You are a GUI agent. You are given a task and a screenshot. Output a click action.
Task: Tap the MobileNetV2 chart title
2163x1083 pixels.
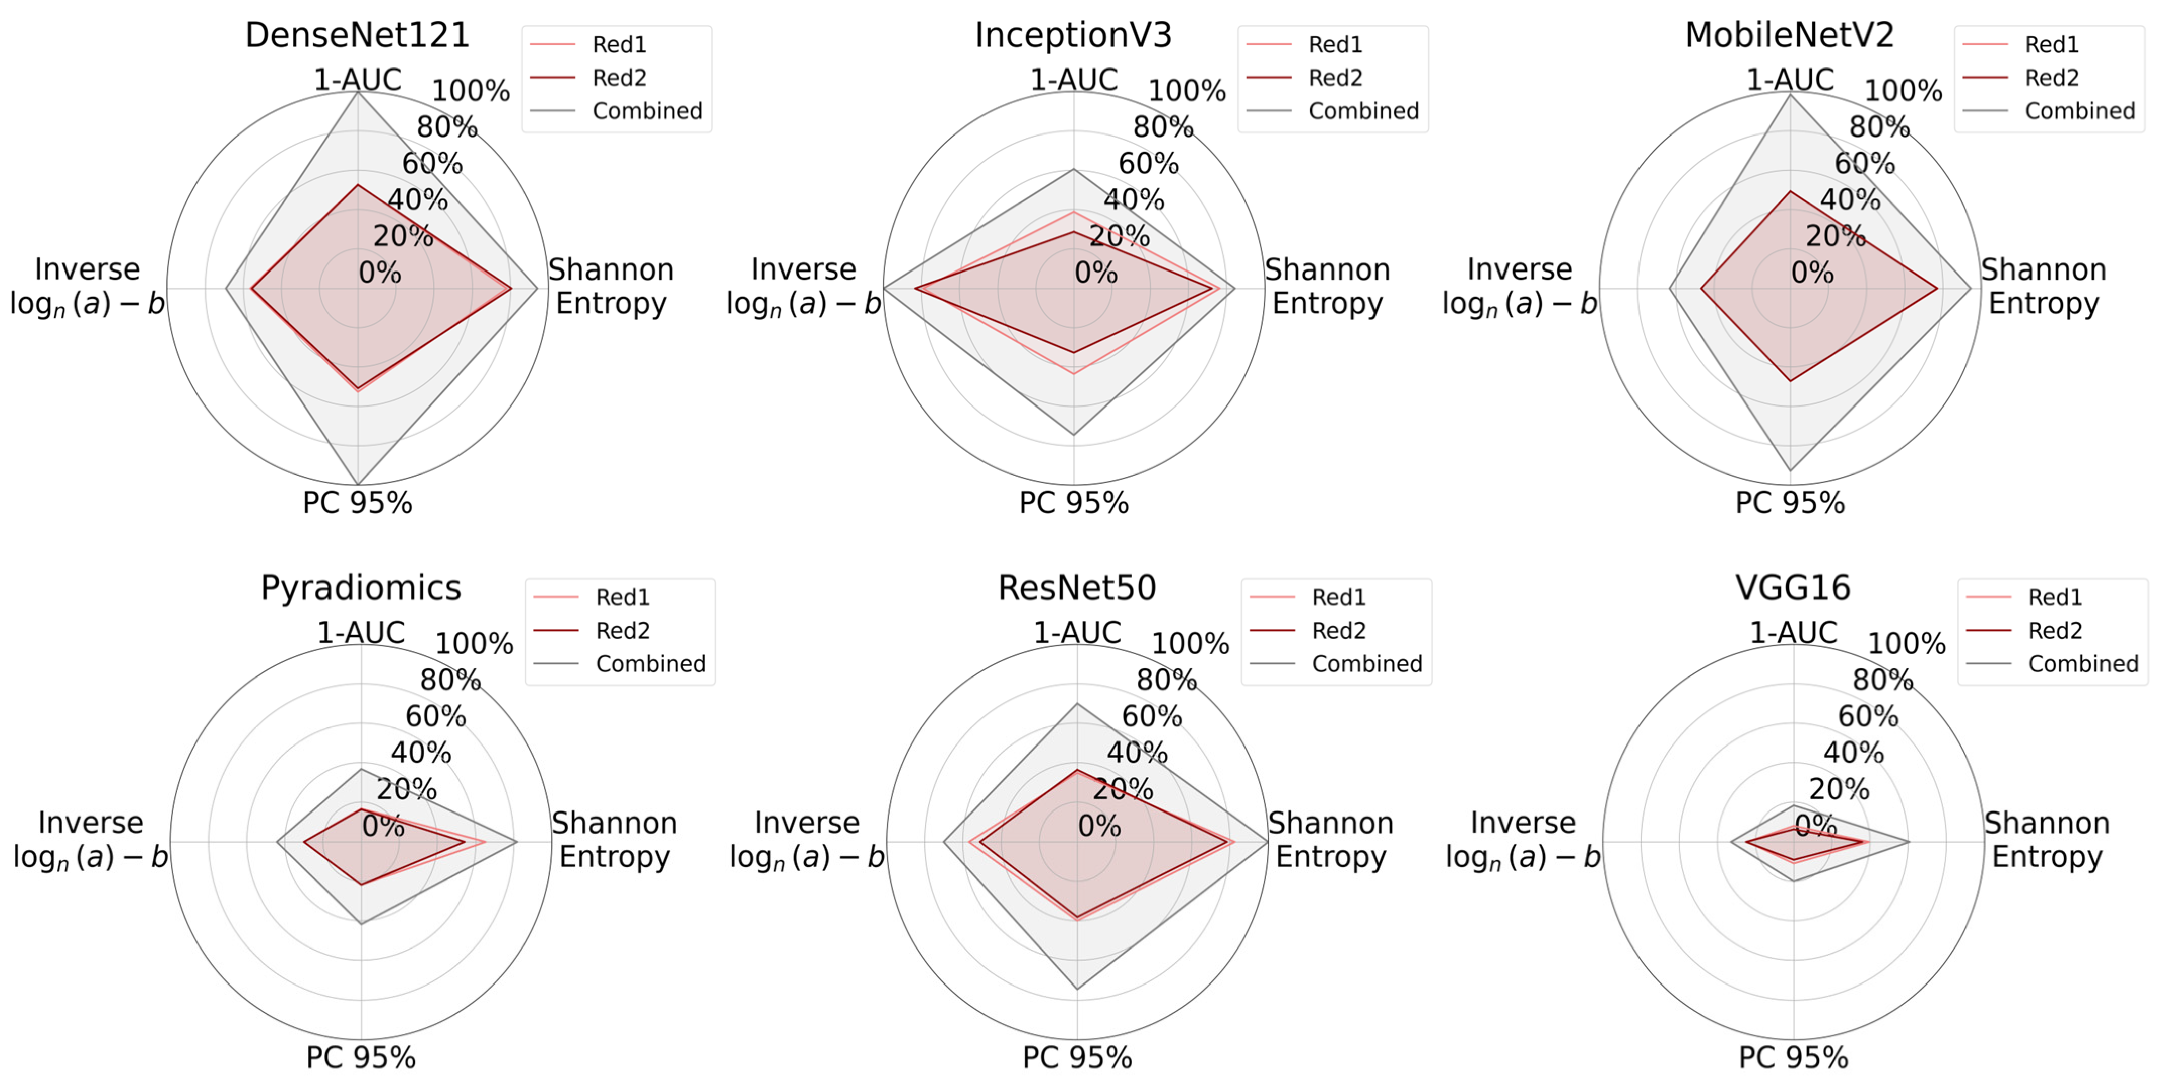pyautogui.click(x=1789, y=35)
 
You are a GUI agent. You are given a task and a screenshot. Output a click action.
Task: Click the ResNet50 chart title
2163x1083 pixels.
pyautogui.click(x=1077, y=588)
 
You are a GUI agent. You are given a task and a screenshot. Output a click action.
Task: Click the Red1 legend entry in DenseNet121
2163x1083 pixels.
pyautogui.click(x=619, y=44)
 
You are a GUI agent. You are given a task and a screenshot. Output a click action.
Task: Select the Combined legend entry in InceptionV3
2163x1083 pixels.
pyautogui.click(x=1363, y=111)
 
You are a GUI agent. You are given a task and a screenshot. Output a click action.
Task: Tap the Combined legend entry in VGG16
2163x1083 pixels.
pyautogui.click(x=2082, y=664)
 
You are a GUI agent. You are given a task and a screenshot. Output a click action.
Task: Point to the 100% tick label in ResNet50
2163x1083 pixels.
pyautogui.click(x=1190, y=644)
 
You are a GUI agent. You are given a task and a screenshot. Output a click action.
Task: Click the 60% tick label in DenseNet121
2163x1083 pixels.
pyautogui.click(x=432, y=163)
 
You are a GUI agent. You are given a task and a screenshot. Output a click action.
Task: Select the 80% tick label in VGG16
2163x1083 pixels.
pyautogui.click(x=1882, y=680)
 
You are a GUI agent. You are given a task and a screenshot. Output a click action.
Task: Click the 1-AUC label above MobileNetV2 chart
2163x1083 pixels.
pyautogui.click(x=1789, y=80)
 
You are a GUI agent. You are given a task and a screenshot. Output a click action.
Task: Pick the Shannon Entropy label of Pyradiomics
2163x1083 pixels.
pyautogui.click(x=614, y=840)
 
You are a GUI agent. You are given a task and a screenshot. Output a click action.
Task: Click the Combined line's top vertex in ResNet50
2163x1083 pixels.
pyautogui.click(x=1077, y=704)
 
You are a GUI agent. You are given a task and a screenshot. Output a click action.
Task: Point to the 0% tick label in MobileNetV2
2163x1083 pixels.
pyautogui.click(x=1812, y=273)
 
